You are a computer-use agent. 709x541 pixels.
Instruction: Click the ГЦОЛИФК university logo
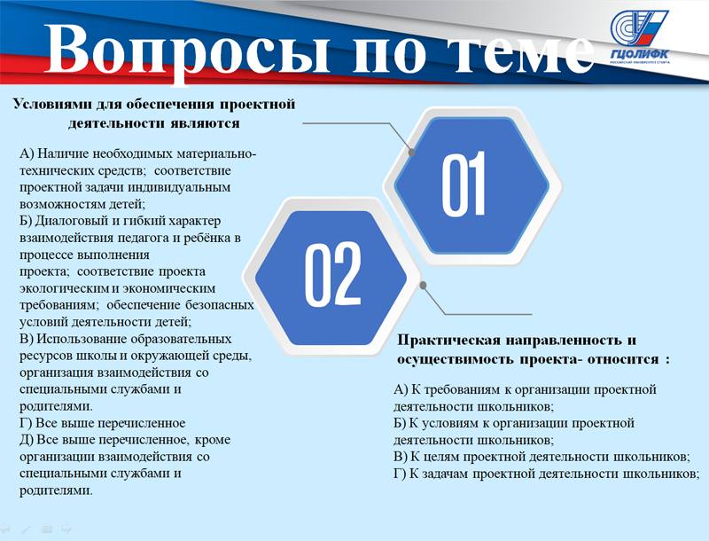pos(638,37)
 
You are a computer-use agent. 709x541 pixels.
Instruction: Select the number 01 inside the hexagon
pos(464,184)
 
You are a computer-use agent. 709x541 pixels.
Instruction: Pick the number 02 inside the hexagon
pos(333,274)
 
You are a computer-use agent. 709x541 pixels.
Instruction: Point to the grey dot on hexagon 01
pos(411,153)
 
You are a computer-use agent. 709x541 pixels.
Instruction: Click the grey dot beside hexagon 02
pos(424,286)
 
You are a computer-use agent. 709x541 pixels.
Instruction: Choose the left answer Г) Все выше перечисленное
pos(103,423)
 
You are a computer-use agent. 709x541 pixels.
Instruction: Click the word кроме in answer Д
pos(214,440)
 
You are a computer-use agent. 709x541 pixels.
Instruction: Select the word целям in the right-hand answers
pos(434,458)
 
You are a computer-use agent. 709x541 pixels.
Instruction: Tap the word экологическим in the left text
pos(64,288)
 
